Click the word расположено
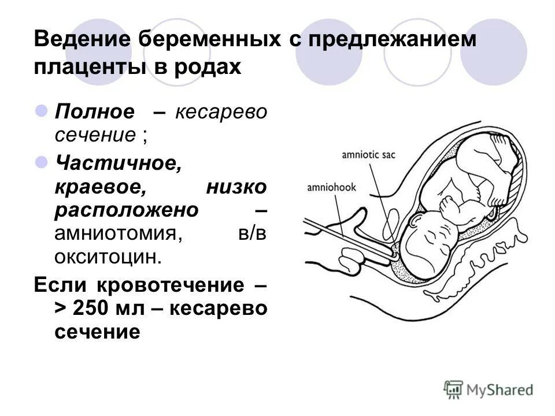pyautogui.click(x=127, y=210)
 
